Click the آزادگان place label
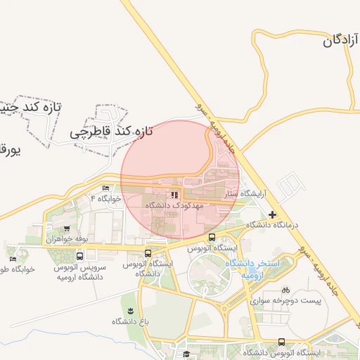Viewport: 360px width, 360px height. pyautogui.click(x=341, y=40)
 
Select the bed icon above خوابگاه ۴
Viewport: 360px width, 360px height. pyautogui.click(x=106, y=188)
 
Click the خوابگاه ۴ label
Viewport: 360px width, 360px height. pyautogui.click(x=106, y=199)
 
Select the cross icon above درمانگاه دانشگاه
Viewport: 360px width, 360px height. pyautogui.click(x=272, y=214)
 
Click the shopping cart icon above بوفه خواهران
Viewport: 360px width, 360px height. pyautogui.click(x=67, y=228)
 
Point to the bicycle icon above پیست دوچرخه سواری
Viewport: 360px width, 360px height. pyautogui.click(x=285, y=289)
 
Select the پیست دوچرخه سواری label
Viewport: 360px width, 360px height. pyautogui.click(x=285, y=300)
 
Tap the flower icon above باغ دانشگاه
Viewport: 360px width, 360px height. pyautogui.click(x=130, y=310)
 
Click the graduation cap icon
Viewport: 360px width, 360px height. pyautogui.click(x=186, y=354)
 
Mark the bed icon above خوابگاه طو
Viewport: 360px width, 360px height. pyautogui.click(x=13, y=259)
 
